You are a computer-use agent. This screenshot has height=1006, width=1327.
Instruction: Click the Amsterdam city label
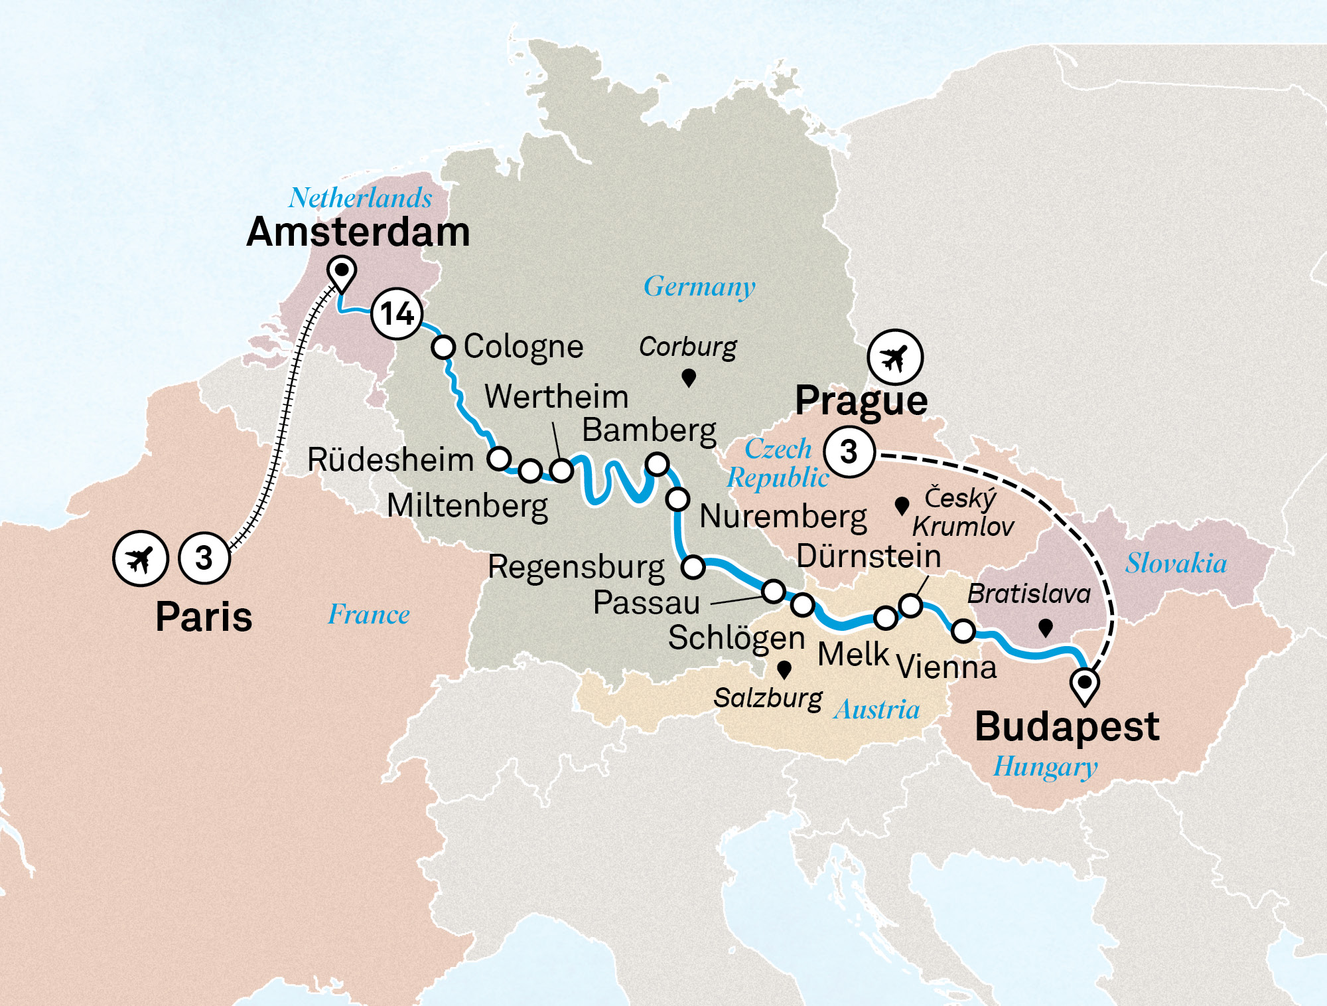coord(358,232)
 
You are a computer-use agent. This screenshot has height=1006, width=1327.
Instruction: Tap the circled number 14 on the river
coord(397,314)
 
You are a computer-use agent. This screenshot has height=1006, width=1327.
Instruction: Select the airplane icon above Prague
coord(894,357)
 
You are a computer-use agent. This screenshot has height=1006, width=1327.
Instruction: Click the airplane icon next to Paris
coord(140,558)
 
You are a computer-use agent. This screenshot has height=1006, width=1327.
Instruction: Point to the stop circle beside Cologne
coord(443,347)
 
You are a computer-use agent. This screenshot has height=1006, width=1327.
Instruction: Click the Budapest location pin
coord(1085,684)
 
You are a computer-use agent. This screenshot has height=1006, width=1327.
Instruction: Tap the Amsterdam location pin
coord(342,272)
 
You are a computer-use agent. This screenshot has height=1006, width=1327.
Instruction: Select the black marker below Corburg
coord(689,378)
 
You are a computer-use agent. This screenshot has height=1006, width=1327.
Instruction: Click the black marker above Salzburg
coord(784,669)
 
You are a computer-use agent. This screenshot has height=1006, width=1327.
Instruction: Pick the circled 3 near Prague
coord(849,452)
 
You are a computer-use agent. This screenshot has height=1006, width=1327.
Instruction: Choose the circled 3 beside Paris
coord(204,558)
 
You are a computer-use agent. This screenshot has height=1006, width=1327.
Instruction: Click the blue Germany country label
coord(699,287)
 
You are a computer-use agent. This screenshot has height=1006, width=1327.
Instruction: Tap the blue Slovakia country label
coord(1176,564)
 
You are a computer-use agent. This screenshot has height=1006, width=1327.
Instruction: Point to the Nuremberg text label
coord(783,517)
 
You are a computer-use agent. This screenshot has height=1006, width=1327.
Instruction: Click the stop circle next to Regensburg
coord(693,566)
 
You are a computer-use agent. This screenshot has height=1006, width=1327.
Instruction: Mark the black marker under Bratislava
coord(1046,627)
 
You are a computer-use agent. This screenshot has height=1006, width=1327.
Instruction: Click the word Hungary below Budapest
coord(1045,767)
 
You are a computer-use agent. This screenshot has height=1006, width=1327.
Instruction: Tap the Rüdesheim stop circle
coord(499,458)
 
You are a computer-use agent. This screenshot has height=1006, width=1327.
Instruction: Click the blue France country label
coord(369,615)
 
